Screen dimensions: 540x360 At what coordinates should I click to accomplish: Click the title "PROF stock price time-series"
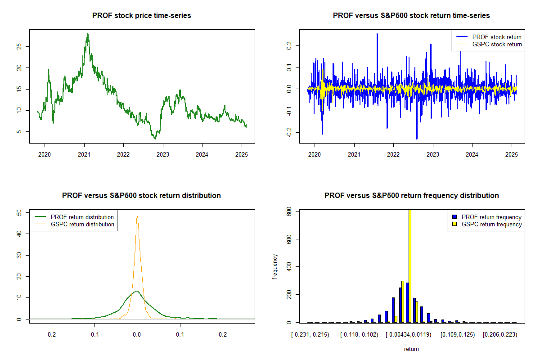141,15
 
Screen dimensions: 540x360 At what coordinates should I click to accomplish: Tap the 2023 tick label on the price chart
163,154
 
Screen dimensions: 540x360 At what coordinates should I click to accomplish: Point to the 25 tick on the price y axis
19,46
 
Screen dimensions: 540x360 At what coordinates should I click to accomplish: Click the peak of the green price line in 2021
88,34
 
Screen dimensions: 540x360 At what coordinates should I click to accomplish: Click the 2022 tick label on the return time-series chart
393,154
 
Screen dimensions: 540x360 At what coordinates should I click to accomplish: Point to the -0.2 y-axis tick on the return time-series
289,132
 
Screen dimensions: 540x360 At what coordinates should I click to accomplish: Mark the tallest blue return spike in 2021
377,34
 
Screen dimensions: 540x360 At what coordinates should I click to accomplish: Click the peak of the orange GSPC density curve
137,216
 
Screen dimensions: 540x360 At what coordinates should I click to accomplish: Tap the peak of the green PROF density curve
137,291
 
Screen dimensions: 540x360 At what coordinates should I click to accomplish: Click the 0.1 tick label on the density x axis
180,334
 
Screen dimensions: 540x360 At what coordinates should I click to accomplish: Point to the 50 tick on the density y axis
19,212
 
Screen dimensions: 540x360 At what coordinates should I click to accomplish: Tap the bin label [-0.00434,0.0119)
408,335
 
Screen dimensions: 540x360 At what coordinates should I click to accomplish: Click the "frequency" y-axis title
275,266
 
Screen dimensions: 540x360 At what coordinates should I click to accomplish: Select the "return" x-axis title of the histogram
411,349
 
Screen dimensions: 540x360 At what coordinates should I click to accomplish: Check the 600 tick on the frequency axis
289,239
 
